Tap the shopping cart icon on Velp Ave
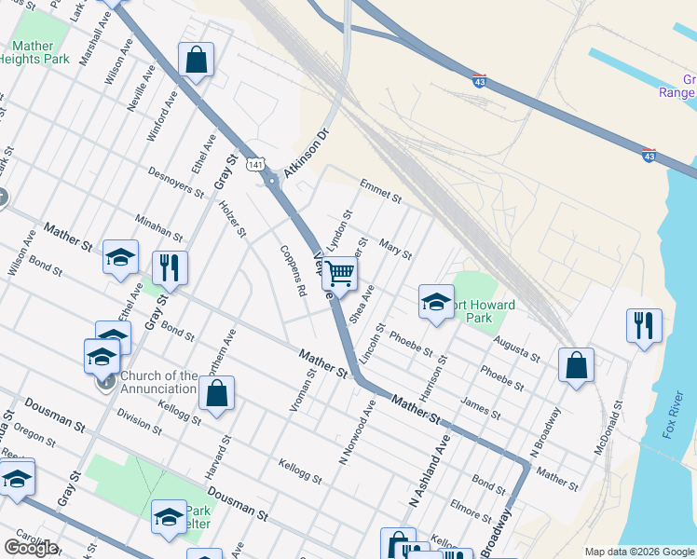pos(341,274)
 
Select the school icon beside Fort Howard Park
pos(435,302)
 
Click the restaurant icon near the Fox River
pos(643,325)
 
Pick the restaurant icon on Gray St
pos(170,267)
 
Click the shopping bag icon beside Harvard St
pos(216,392)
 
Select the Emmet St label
pos(379,192)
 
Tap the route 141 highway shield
pos(255,164)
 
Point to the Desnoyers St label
pos(176,182)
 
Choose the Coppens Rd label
pos(294,271)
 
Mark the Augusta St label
pos(517,349)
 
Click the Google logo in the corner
pos(31,548)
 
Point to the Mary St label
pos(395,249)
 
